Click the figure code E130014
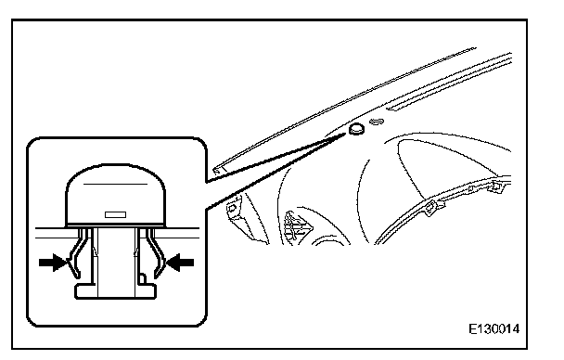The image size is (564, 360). coord(493,328)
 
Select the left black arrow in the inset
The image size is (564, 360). coord(53,263)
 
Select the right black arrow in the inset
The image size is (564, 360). coord(180,263)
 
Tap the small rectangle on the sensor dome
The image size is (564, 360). coord(115,214)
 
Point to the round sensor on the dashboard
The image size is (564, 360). coord(356,130)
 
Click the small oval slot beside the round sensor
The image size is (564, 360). coord(377,122)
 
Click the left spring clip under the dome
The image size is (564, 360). coord(80,252)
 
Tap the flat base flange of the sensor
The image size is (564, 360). coord(115,291)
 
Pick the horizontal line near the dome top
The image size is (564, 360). coord(115,184)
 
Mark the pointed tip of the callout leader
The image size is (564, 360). coord(346,134)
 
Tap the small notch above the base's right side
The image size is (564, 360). coord(142,279)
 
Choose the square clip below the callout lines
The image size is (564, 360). coord(232,209)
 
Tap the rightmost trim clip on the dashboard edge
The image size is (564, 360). coord(496,186)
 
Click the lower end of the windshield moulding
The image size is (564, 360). coord(217,170)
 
